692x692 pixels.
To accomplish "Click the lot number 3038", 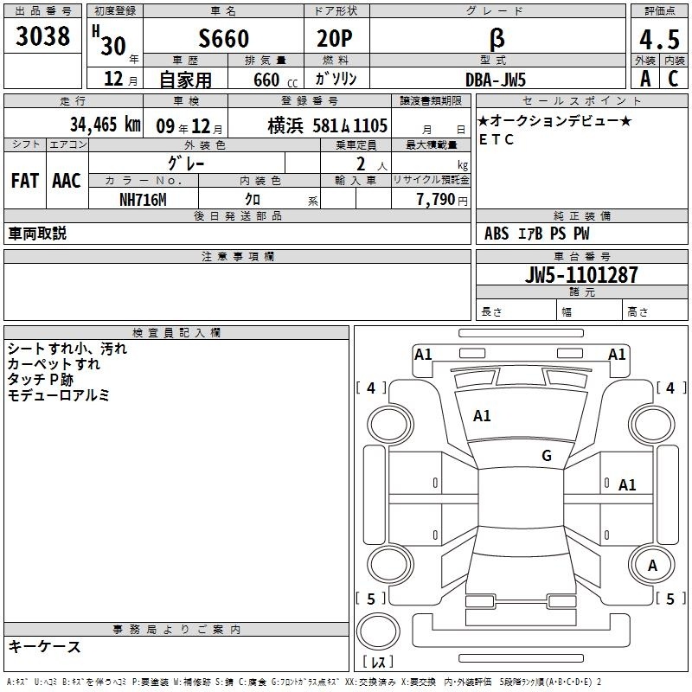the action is click(x=42, y=35).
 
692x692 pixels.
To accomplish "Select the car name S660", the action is click(x=224, y=38).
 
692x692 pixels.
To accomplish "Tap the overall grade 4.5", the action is click(x=660, y=39).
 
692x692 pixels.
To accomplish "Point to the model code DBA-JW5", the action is click(x=496, y=80).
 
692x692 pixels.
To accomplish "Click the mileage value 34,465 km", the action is click(x=105, y=124).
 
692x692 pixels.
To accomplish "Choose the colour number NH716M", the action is click(x=143, y=200).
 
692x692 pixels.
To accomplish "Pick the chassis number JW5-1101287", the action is click(x=581, y=274).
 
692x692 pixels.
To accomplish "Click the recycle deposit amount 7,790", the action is click(x=435, y=200).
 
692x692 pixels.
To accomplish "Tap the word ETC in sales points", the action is click(x=497, y=139).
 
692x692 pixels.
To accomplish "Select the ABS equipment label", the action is click(x=497, y=234).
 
